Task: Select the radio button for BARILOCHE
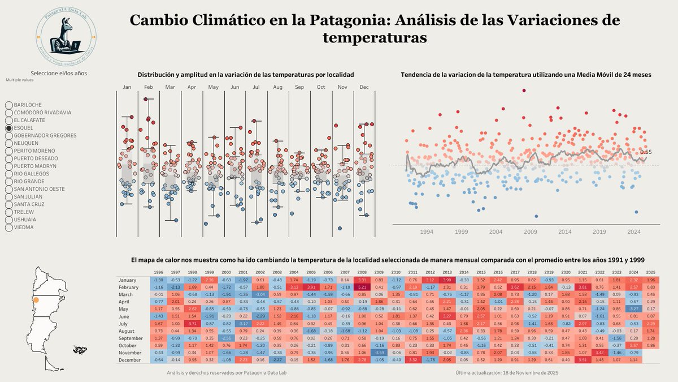9,105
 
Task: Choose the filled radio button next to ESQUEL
9,128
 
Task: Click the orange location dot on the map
36,300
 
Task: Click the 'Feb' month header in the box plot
149,87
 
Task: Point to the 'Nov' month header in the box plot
342,87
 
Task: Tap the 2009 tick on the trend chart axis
531,231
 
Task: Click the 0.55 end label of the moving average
646,152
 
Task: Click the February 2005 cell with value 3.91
311,287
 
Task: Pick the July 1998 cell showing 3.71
193,323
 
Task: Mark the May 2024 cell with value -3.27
633,308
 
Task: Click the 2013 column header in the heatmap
447,273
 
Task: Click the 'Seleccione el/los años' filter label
59,73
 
